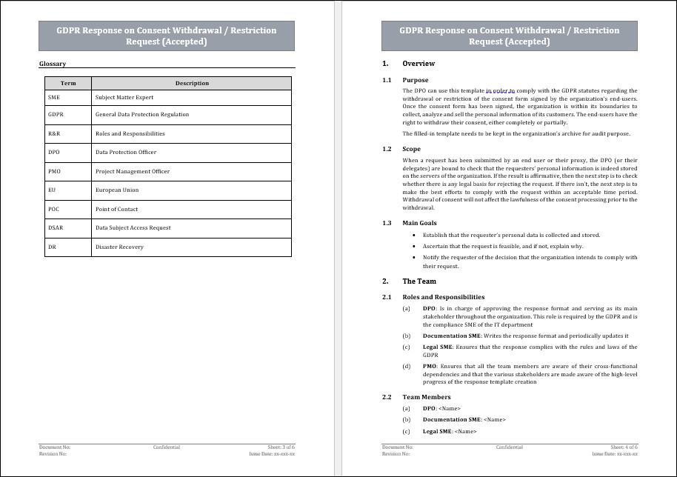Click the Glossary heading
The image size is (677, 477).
pyautogui.click(x=53, y=64)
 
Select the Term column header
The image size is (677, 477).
pyautogui.click(x=68, y=83)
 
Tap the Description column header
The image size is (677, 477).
pyautogui.click(x=192, y=83)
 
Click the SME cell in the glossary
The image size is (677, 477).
pyautogui.click(x=54, y=97)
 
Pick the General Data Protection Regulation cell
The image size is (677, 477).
pyautogui.click(x=142, y=115)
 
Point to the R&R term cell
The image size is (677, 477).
pyautogui.click(x=54, y=134)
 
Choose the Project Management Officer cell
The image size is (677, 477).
pyautogui.click(x=133, y=171)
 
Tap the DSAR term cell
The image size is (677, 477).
pyautogui.click(x=56, y=228)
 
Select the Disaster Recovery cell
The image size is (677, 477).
pyautogui.click(x=119, y=247)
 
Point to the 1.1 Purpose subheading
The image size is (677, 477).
pyautogui.click(x=415, y=80)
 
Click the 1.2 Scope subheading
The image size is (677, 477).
pyautogui.click(x=411, y=149)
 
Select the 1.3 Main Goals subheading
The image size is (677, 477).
pyautogui.click(x=419, y=223)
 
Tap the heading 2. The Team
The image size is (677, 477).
pyautogui.click(x=419, y=281)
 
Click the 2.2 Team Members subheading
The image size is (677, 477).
pyautogui.click(x=426, y=397)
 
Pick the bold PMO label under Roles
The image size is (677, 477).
pyautogui.click(x=430, y=366)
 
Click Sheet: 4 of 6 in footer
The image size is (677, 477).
pyautogui.click(x=623, y=447)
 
